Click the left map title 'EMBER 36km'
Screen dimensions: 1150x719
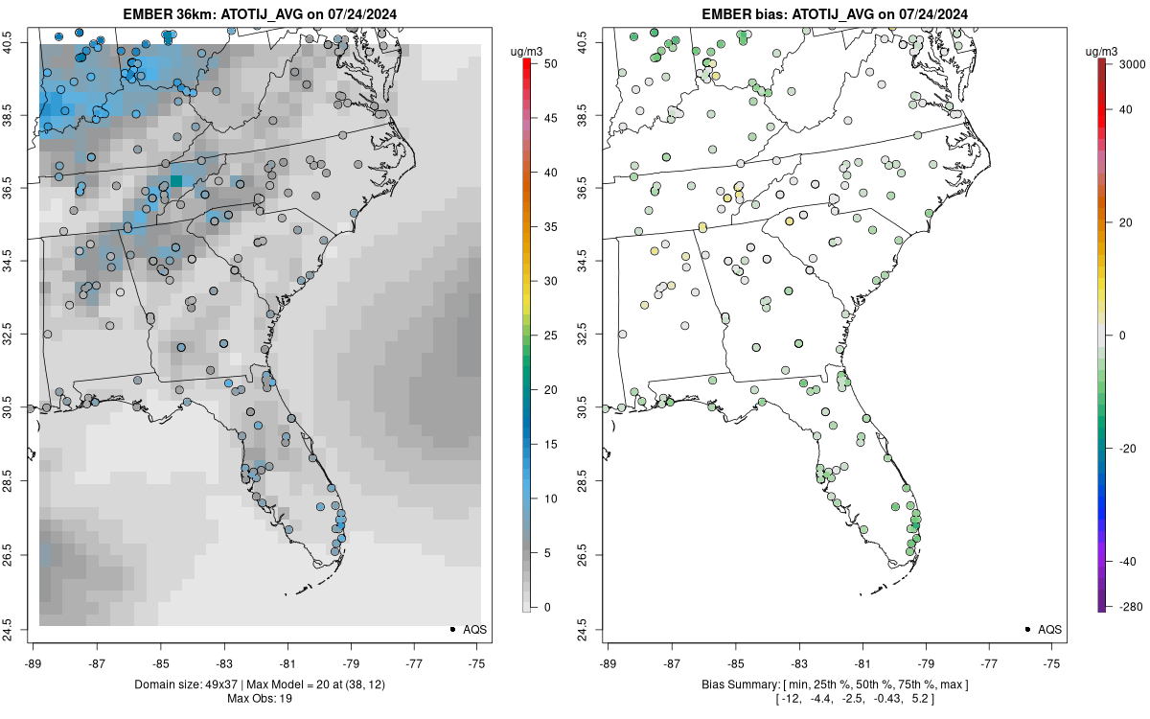point(170,14)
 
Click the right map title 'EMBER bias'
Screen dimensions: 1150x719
point(745,14)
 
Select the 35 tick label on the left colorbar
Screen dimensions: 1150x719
point(551,226)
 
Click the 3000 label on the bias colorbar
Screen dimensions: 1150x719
point(1131,63)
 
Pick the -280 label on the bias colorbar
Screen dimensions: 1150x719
point(1131,607)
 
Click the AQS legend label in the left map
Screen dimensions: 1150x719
point(475,630)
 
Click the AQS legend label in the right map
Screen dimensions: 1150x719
point(1050,630)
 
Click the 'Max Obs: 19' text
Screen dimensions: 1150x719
point(260,699)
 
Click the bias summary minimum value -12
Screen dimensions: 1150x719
point(792,699)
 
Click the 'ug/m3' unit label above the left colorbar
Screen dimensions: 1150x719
point(526,52)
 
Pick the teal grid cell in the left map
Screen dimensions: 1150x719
point(176,181)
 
